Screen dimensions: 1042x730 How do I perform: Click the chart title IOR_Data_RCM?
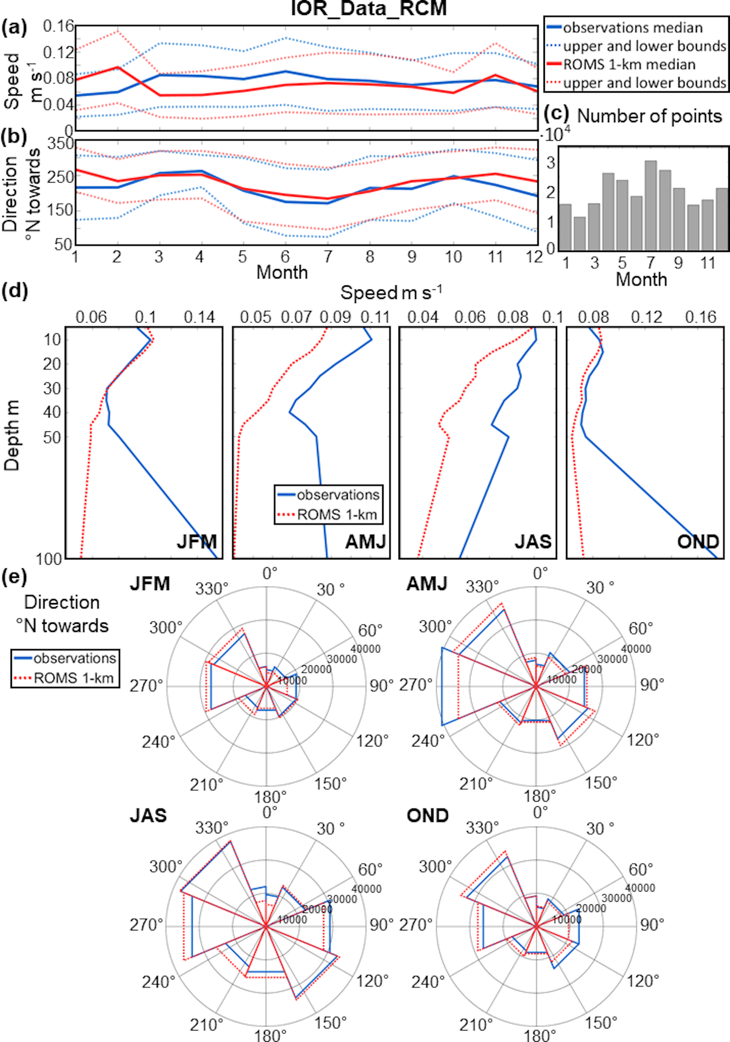(368, 8)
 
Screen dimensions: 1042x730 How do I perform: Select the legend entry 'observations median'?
(633, 28)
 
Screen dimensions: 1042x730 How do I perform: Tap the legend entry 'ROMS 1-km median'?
(629, 64)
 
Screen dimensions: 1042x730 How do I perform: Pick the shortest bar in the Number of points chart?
(580, 233)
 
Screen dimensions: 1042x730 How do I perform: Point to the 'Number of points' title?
(649, 116)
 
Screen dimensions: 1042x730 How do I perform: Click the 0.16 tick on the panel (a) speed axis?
(59, 26)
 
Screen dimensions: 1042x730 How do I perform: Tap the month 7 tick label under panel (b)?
(328, 257)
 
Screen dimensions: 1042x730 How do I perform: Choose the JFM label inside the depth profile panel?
(196, 541)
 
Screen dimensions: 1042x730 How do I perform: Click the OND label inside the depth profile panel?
(698, 541)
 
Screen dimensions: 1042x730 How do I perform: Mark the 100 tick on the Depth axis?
(49, 558)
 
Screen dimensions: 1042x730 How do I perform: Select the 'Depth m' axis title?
(12, 435)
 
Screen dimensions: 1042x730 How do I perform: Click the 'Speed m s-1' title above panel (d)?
(391, 293)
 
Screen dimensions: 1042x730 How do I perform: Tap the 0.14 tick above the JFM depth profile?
(199, 317)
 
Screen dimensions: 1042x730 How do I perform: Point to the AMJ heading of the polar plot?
(427, 584)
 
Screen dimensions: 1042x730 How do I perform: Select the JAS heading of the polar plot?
(148, 816)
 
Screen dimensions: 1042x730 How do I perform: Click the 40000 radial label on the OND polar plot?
(640, 887)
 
